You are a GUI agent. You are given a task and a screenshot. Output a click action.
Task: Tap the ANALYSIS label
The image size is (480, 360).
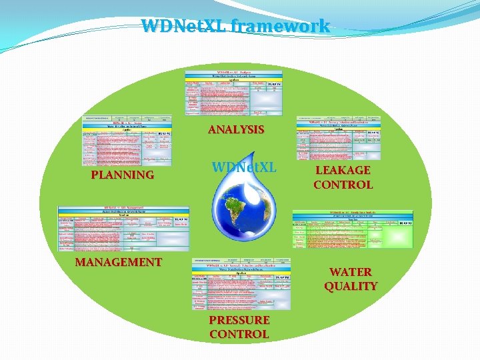coord(236,129)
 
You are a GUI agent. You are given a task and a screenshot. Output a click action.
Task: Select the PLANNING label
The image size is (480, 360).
coord(123,175)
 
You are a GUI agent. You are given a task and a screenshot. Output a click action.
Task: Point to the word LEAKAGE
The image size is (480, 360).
coord(343,171)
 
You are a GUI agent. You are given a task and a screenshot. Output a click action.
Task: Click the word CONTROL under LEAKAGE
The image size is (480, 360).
coord(343,185)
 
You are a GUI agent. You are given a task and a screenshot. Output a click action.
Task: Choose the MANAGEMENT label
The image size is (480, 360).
coord(119,262)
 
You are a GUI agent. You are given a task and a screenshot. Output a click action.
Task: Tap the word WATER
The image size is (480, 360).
coord(351,272)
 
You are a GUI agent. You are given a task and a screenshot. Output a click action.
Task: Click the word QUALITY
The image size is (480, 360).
coord(351,286)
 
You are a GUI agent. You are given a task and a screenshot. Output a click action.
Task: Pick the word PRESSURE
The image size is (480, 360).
coord(239,320)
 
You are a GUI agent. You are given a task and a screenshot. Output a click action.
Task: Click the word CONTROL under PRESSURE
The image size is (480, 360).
coord(239,334)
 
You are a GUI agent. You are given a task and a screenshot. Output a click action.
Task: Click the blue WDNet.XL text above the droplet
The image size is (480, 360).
coord(243,167)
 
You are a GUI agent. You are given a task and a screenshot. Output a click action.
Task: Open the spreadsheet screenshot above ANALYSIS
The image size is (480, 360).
coord(233,92)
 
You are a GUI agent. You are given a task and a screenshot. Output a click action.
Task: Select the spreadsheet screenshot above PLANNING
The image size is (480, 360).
coord(127,141)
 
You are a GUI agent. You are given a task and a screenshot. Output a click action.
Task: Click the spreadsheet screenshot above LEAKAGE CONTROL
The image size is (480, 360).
coord(340,138)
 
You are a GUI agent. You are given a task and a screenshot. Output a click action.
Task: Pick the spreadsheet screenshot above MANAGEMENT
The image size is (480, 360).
coord(123,228)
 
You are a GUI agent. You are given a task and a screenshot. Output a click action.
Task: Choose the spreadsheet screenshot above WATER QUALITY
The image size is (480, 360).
coord(353,229)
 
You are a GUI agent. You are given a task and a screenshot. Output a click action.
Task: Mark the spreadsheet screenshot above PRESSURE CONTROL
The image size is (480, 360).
coord(241,284)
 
